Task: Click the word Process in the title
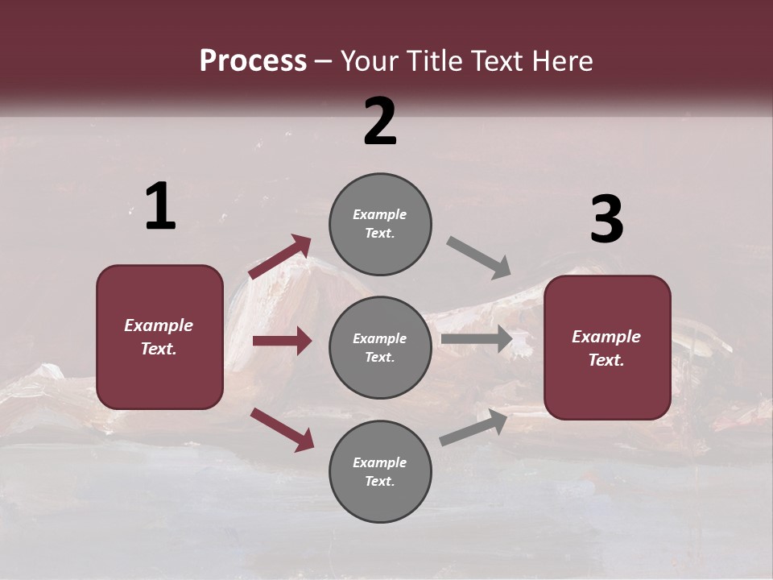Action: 253,61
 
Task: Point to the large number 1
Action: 160,207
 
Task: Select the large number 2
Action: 380,122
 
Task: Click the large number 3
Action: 606,220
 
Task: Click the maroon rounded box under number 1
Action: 159,337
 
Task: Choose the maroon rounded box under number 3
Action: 607,347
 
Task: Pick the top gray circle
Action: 380,224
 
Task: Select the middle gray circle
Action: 380,347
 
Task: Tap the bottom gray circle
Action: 380,471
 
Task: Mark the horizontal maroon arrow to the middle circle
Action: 282,341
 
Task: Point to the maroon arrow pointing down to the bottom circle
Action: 282,429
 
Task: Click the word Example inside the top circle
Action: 380,215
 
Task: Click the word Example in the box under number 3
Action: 606,337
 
